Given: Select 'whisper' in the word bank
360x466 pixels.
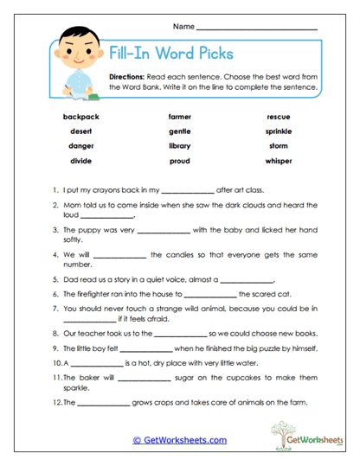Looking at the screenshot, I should coord(279,161).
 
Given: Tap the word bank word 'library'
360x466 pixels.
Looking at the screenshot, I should coord(180,146).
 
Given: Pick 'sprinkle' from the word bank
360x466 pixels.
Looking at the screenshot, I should coord(279,131).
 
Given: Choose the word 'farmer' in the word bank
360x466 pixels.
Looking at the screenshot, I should coord(180,116).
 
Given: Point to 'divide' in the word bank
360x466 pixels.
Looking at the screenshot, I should coord(80,161).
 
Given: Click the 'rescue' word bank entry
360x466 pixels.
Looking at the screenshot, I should coord(279,116).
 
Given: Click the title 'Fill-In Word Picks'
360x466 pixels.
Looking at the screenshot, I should coord(170,53).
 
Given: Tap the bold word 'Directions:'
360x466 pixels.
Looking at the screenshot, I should coord(127,77).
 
